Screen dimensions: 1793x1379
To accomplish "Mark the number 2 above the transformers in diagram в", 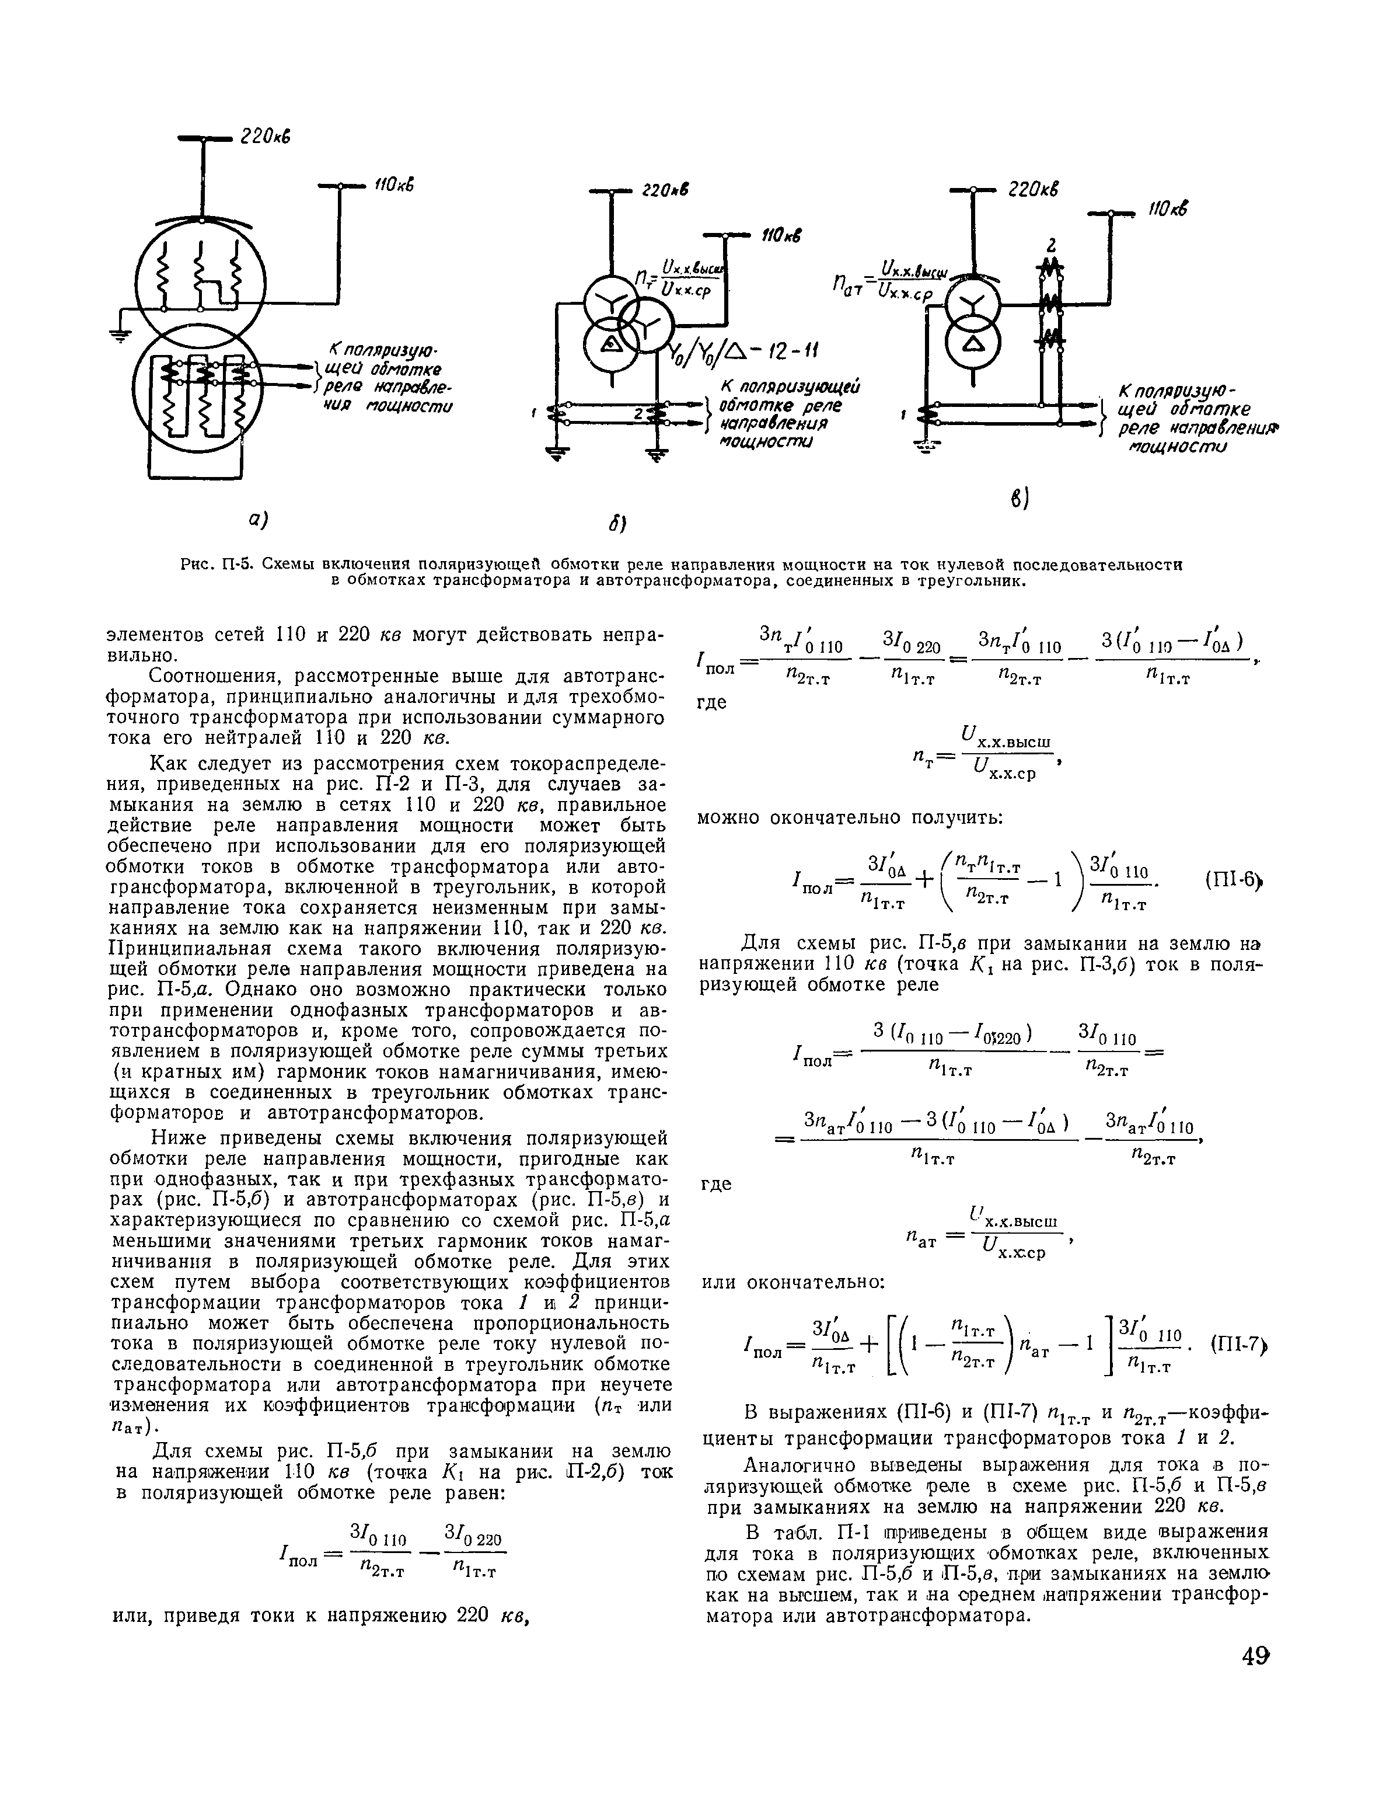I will (1050, 245).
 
